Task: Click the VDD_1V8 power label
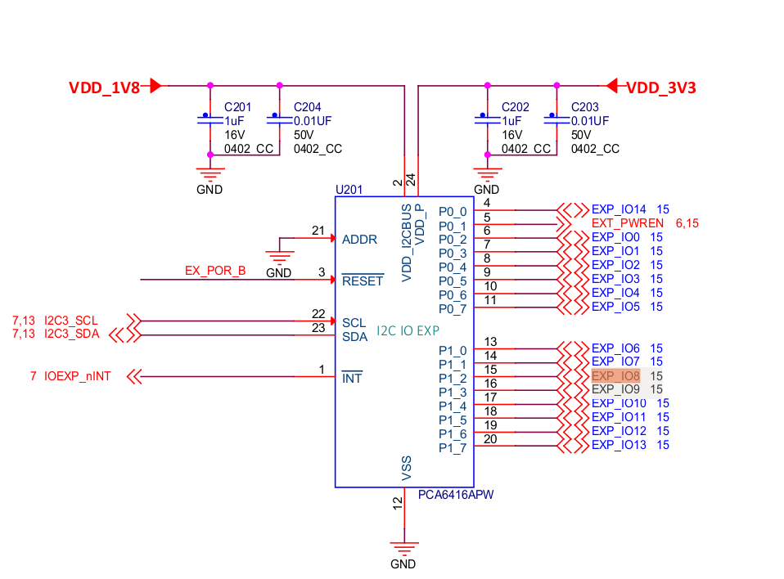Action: coord(104,88)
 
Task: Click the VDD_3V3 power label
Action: coord(661,88)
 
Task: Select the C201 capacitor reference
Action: coord(238,107)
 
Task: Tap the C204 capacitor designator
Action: coord(308,107)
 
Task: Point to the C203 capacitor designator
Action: coord(585,107)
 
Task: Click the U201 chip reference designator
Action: coord(349,189)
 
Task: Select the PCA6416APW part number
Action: coord(456,495)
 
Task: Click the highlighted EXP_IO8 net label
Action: coord(615,376)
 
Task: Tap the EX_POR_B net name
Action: coord(215,271)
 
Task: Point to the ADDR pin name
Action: coord(359,240)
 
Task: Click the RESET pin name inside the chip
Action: coord(362,281)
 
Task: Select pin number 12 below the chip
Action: coord(398,508)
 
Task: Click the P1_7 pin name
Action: coord(452,447)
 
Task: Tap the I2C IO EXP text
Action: coord(408,331)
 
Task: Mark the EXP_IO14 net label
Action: coord(619,209)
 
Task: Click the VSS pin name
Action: coord(406,467)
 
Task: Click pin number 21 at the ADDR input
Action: coord(319,231)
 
